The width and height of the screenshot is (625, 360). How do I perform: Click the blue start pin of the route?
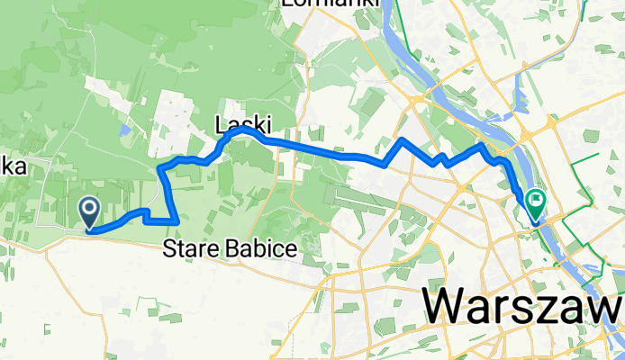tap(91, 211)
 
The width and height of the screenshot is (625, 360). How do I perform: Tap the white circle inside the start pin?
tap(91, 208)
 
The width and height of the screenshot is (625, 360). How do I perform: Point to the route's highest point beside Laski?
tap(241, 130)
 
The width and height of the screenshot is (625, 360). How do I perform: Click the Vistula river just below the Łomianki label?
tap(395, 36)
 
